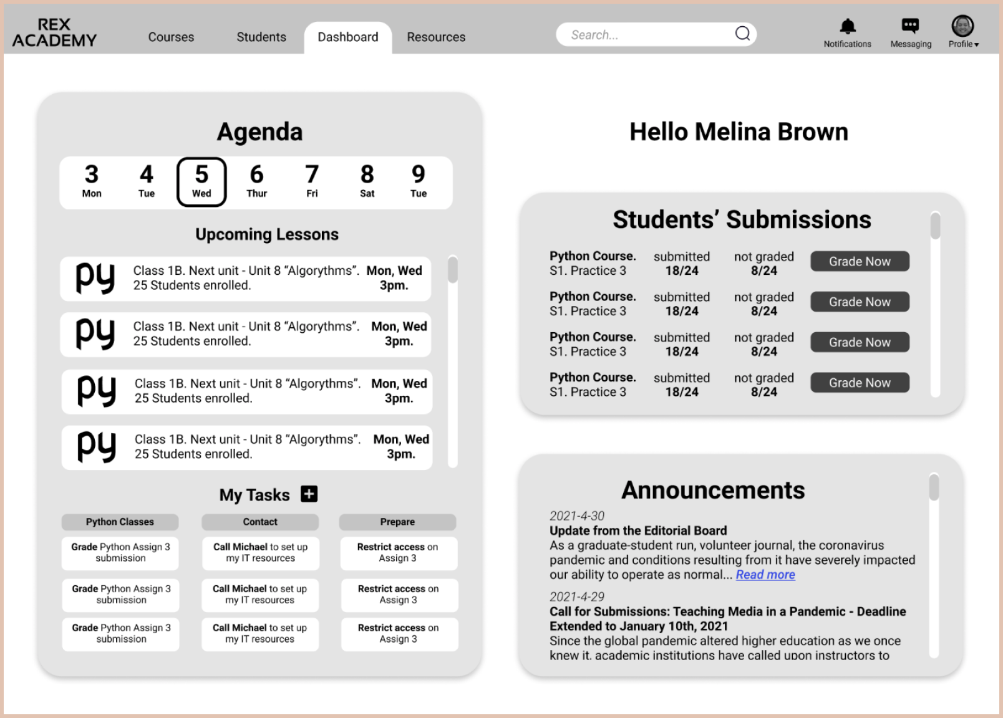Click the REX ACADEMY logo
click(54, 32)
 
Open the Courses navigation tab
click(171, 37)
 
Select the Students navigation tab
click(261, 37)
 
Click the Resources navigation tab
click(436, 37)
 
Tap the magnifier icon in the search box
click(742, 34)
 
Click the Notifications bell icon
click(847, 27)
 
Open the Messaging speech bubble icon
click(910, 26)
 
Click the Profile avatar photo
click(962, 26)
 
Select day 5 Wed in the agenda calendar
click(201, 181)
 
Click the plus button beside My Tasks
click(309, 494)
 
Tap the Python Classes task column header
click(120, 522)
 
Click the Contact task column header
click(260, 522)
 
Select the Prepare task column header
click(397, 522)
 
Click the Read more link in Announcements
click(765, 575)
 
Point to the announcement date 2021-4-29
click(577, 596)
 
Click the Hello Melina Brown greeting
click(739, 132)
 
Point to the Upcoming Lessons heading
click(267, 234)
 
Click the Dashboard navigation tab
click(347, 37)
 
